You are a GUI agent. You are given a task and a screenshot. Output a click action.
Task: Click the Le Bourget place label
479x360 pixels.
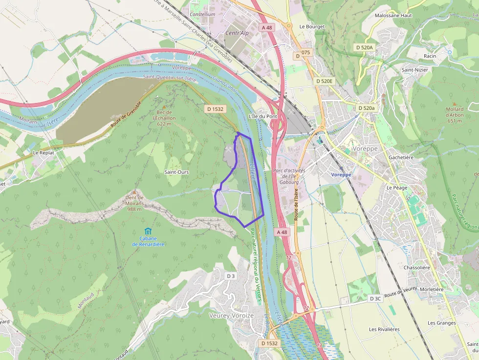[312, 26]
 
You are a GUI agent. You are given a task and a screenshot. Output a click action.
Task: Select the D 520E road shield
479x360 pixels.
[324, 81]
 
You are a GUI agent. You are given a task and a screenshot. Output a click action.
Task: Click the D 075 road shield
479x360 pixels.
[303, 56]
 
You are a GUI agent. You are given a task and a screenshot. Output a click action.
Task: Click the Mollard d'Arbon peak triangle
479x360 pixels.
[454, 103]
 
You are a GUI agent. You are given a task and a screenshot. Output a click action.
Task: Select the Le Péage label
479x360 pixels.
[396, 188]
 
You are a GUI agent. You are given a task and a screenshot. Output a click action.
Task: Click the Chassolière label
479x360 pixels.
[416, 268]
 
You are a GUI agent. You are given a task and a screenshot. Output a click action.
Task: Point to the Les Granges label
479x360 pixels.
[441, 323]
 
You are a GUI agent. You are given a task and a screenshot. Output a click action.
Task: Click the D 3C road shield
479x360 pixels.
[375, 298]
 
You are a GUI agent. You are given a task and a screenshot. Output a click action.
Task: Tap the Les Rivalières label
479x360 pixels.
[384, 329]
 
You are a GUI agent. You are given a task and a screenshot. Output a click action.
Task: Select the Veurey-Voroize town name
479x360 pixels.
[231, 316]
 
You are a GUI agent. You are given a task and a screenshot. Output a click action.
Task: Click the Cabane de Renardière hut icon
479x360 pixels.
[148, 231]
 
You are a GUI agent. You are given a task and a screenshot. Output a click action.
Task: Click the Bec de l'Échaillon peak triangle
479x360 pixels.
[164, 106]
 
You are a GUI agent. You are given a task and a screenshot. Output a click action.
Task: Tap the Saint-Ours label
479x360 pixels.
[176, 172]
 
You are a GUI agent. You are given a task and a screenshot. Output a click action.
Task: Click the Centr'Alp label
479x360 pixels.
[237, 33]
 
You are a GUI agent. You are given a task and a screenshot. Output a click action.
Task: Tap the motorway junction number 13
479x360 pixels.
[319, 345]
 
